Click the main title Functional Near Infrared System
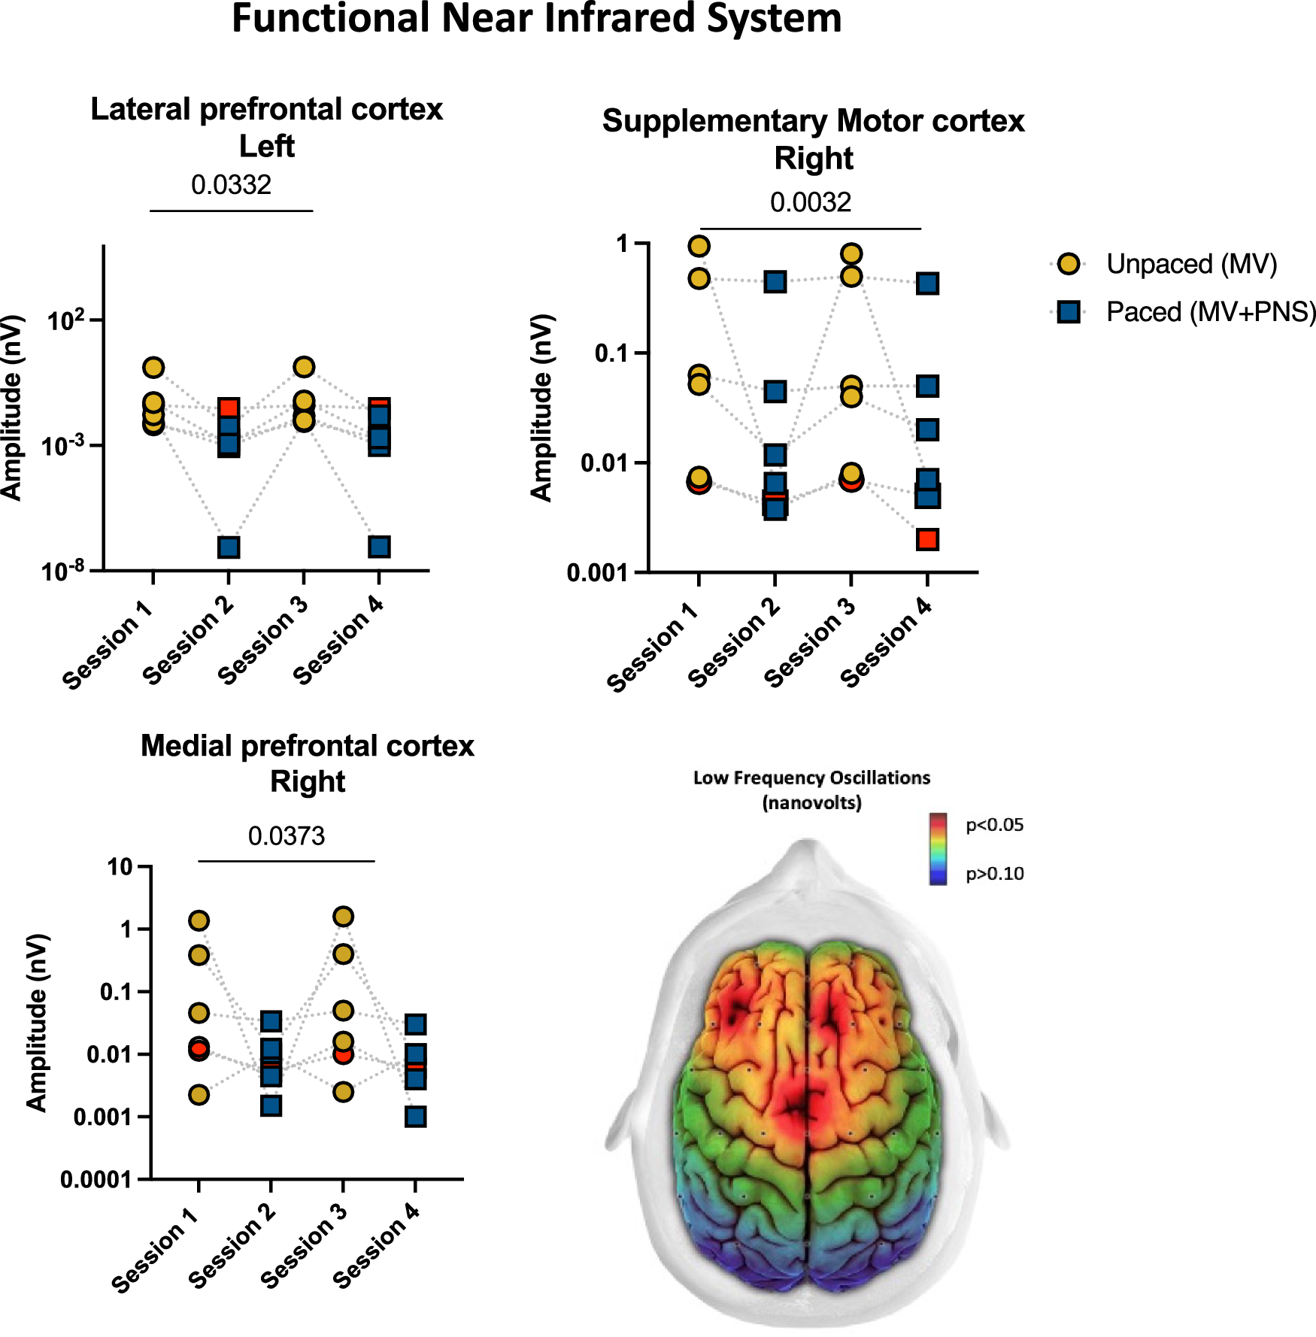(x=536, y=19)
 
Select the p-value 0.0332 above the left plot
(x=231, y=185)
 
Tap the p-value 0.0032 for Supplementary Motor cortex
(x=810, y=202)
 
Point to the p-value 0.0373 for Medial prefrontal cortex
(x=287, y=836)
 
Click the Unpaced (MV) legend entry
(x=1191, y=264)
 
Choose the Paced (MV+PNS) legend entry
(x=1211, y=312)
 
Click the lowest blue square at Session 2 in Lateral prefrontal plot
(x=229, y=547)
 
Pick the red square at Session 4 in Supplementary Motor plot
(x=927, y=539)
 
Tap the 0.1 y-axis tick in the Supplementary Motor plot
(x=611, y=353)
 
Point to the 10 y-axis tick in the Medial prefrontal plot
(x=120, y=867)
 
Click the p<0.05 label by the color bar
(x=994, y=825)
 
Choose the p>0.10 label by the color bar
(x=994, y=874)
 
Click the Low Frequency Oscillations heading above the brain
(x=811, y=778)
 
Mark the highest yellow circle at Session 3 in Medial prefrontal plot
(x=343, y=917)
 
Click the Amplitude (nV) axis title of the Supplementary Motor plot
(x=541, y=408)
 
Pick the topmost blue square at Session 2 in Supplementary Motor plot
(x=775, y=282)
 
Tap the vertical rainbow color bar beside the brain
(x=938, y=848)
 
